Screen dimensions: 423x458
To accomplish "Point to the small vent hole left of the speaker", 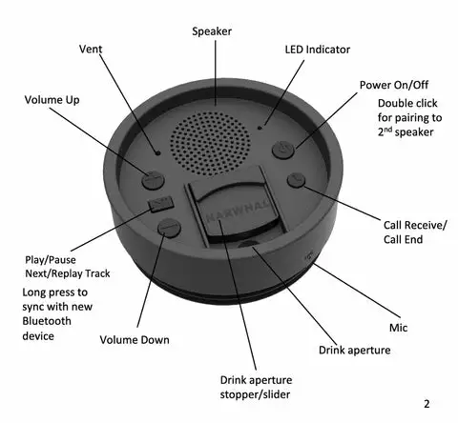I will point(159,151).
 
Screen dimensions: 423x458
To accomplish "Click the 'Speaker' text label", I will point(212,30).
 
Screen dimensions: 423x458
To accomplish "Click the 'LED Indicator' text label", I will point(318,49).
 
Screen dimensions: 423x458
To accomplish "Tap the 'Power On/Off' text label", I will point(394,84).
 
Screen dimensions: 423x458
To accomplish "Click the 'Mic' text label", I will point(398,326).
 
